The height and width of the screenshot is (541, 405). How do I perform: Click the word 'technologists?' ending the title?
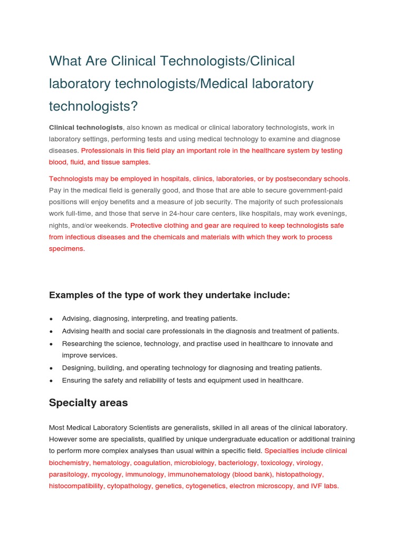pyautogui.click(x=93, y=106)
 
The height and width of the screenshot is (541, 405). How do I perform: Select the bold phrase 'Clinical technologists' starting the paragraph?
pyautogui.click(x=85, y=127)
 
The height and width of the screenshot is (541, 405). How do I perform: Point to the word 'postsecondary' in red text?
pyautogui.click(x=291, y=179)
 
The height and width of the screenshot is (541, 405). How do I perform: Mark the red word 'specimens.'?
pyautogui.click(x=66, y=249)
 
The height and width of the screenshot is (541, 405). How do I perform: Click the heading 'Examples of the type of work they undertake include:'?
pyautogui.click(x=169, y=295)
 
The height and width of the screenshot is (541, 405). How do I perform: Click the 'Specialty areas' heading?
pyautogui.click(x=88, y=403)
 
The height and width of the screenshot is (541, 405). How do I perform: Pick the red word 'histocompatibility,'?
pyautogui.click(x=76, y=486)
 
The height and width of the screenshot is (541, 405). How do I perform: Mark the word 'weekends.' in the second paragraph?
pyautogui.click(x=113, y=226)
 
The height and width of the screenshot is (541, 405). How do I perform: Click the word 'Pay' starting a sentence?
pyautogui.click(x=55, y=190)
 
